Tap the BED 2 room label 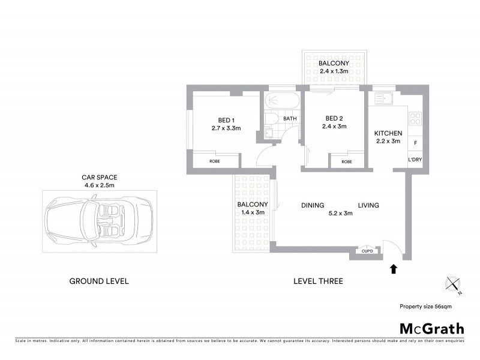(x=334, y=118)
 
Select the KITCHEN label (x=388, y=133)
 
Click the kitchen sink (x=383, y=99)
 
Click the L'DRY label (x=415, y=160)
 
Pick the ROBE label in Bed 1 (x=215, y=161)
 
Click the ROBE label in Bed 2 (x=346, y=161)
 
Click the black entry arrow (x=394, y=269)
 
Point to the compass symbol (x=453, y=284)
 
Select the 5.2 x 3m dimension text (x=340, y=213)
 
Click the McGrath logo (x=431, y=328)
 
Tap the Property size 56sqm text (x=425, y=306)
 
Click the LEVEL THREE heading (x=318, y=281)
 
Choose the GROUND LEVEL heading (x=99, y=281)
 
